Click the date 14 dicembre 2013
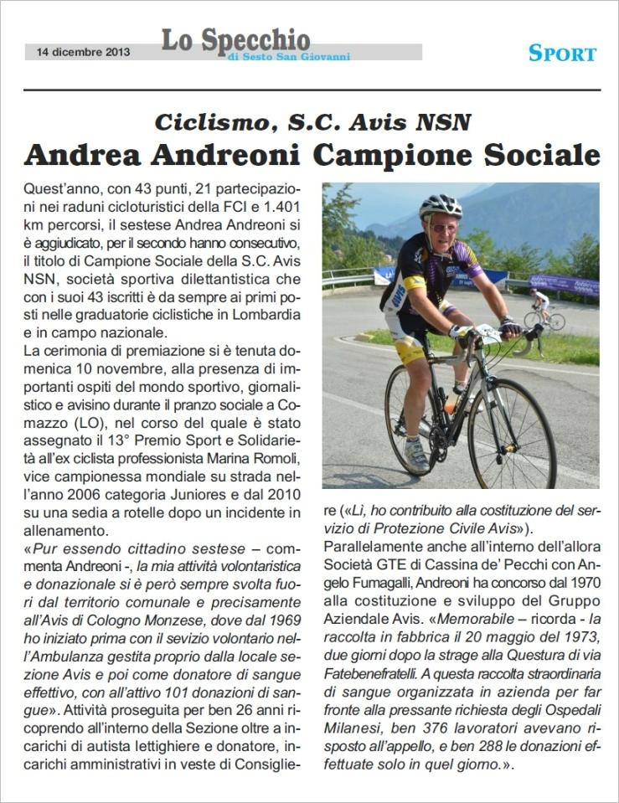click(82, 52)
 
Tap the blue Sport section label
click(562, 54)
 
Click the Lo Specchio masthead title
click(235, 39)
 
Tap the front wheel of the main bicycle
click(512, 434)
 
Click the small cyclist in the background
click(543, 307)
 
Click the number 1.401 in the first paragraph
click(278, 205)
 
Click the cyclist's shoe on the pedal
click(416, 455)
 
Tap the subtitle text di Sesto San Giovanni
click(288, 57)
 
